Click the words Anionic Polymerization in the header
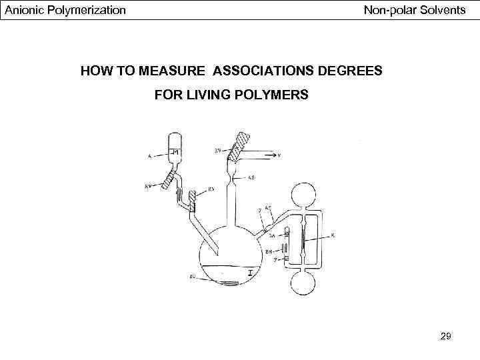[x=65, y=10]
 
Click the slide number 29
[x=446, y=337]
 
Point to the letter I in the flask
[x=249, y=274]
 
